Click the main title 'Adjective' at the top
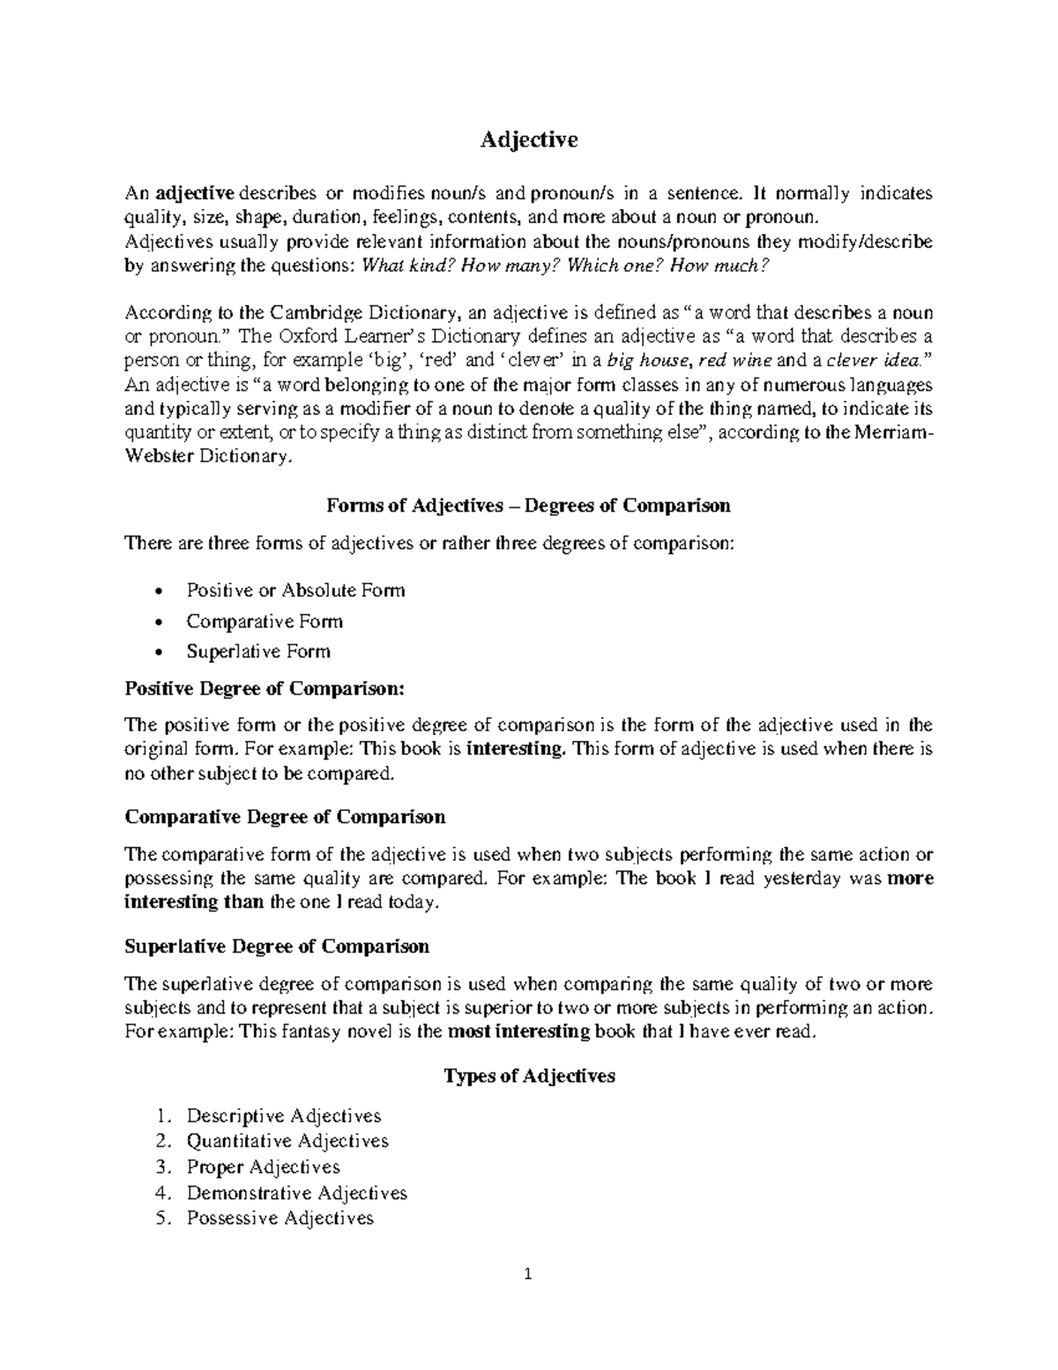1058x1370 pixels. click(528, 139)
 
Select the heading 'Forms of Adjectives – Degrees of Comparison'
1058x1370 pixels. click(528, 505)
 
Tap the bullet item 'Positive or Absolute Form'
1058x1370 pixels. click(295, 590)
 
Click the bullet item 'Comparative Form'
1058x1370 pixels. click(264, 621)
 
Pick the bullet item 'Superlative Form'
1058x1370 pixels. click(258, 652)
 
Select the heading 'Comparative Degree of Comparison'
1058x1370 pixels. click(285, 817)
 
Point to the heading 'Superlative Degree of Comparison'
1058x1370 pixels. click(277, 947)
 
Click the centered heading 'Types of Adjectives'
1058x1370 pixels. click(528, 1076)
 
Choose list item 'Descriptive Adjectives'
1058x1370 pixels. click(283, 1116)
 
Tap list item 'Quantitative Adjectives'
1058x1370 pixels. click(287, 1142)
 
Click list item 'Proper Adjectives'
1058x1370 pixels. click(263, 1167)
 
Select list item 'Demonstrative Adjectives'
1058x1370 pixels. click(296, 1194)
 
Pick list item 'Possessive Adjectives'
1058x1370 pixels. click(279, 1219)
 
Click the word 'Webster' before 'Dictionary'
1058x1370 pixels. click(162, 457)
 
